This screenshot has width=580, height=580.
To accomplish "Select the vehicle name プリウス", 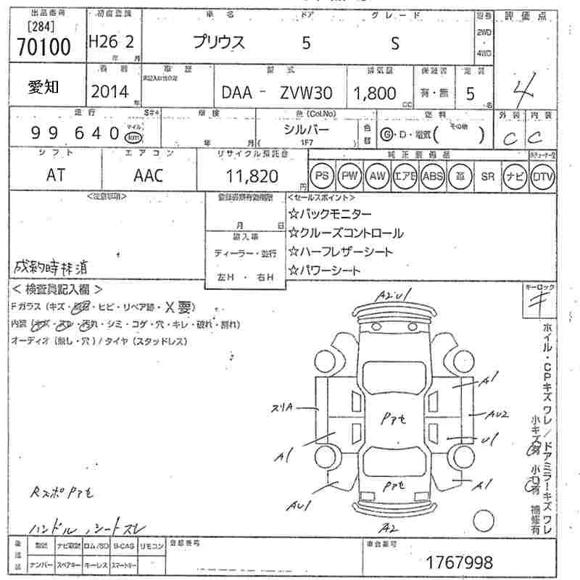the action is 219,43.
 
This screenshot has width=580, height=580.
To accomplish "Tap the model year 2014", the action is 109,91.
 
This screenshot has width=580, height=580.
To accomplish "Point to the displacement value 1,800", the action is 375,93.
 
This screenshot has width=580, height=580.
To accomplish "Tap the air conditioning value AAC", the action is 149,175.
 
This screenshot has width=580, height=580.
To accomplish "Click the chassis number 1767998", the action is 460,561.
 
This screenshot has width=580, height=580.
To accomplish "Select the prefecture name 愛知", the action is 43,88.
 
